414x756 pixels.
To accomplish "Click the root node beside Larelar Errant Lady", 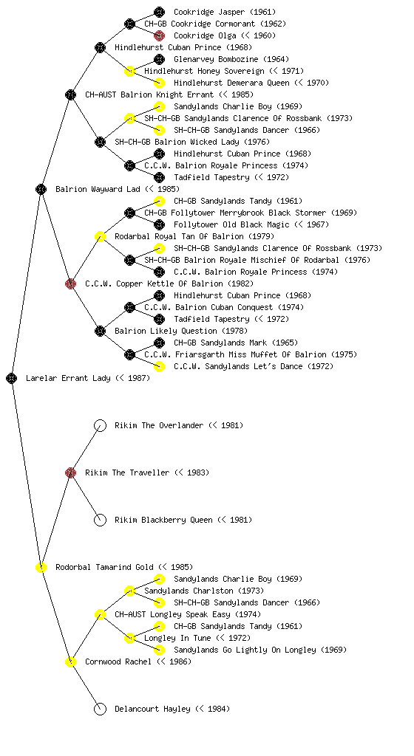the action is (x=12, y=379).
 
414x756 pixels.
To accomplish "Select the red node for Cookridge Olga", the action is (x=159, y=35).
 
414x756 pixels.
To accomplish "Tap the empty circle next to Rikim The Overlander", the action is (x=100, y=426).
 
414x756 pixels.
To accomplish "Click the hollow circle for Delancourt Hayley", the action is (x=100, y=709).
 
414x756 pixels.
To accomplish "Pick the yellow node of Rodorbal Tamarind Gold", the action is (x=41, y=568).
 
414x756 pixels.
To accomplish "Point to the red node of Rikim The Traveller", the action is (x=70, y=473).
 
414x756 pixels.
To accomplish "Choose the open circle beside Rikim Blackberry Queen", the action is (x=100, y=520).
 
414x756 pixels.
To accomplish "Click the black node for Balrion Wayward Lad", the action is (x=41, y=190).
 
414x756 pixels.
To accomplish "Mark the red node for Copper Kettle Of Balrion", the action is (x=70, y=284).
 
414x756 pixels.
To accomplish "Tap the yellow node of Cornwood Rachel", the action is (x=70, y=662).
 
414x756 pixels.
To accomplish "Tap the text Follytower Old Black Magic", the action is (x=231, y=224).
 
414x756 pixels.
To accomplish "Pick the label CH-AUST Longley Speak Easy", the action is (x=173, y=615).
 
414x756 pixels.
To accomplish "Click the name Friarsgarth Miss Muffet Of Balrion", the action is (x=249, y=355).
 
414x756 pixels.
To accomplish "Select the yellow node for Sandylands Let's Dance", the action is (x=159, y=366).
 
